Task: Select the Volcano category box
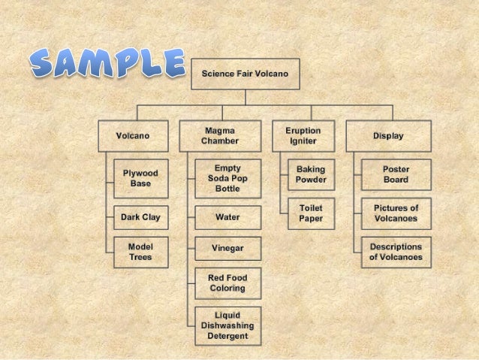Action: [x=132, y=136]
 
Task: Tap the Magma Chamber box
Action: [x=221, y=136]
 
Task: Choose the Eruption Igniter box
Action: [x=303, y=136]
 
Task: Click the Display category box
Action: [x=388, y=136]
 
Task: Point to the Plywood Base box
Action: [x=140, y=178]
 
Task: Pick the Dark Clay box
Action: [x=140, y=218]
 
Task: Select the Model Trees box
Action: [x=140, y=252]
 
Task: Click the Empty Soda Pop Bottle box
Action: [x=227, y=178]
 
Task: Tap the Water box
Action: [x=227, y=218]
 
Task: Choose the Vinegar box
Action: [x=227, y=247]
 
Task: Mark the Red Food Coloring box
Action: [x=227, y=283]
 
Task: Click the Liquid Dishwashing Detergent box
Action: [x=227, y=325]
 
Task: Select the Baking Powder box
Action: [x=311, y=175]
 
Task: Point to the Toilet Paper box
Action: [x=311, y=213]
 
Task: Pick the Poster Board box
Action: [x=396, y=175]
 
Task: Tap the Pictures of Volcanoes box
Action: [x=396, y=213]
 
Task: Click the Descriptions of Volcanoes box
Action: [x=396, y=252]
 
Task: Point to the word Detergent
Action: [x=227, y=335]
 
